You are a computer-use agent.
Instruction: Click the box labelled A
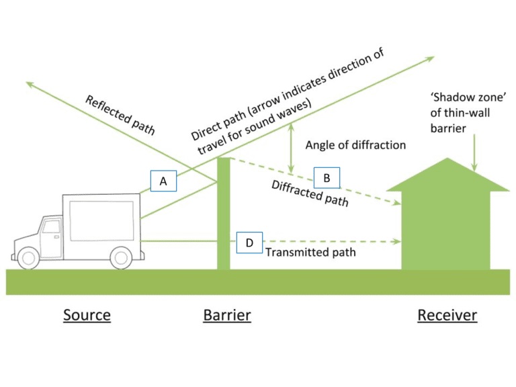click(x=163, y=181)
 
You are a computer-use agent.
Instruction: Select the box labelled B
click(x=327, y=177)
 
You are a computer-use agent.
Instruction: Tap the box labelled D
click(x=249, y=243)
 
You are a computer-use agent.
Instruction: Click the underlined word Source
click(x=87, y=315)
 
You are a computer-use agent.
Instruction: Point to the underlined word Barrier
click(x=227, y=315)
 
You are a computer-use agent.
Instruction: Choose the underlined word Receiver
click(x=447, y=315)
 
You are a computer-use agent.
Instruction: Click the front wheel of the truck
click(x=28, y=258)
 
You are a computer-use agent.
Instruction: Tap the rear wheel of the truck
click(x=121, y=258)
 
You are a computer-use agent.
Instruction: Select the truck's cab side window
click(x=51, y=226)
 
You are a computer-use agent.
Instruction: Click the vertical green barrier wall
click(x=224, y=214)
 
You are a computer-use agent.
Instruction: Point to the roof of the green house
click(x=447, y=175)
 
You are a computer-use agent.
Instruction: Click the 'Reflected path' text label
click(x=120, y=115)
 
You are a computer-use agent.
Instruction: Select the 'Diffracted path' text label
click(x=310, y=193)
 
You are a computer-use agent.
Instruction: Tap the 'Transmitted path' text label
click(x=310, y=253)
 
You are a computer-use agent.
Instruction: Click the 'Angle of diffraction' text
click(x=355, y=145)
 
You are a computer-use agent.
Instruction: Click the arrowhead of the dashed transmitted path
click(x=397, y=242)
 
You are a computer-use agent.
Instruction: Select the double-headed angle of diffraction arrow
click(x=291, y=148)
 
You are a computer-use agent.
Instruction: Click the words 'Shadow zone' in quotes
click(x=468, y=97)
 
